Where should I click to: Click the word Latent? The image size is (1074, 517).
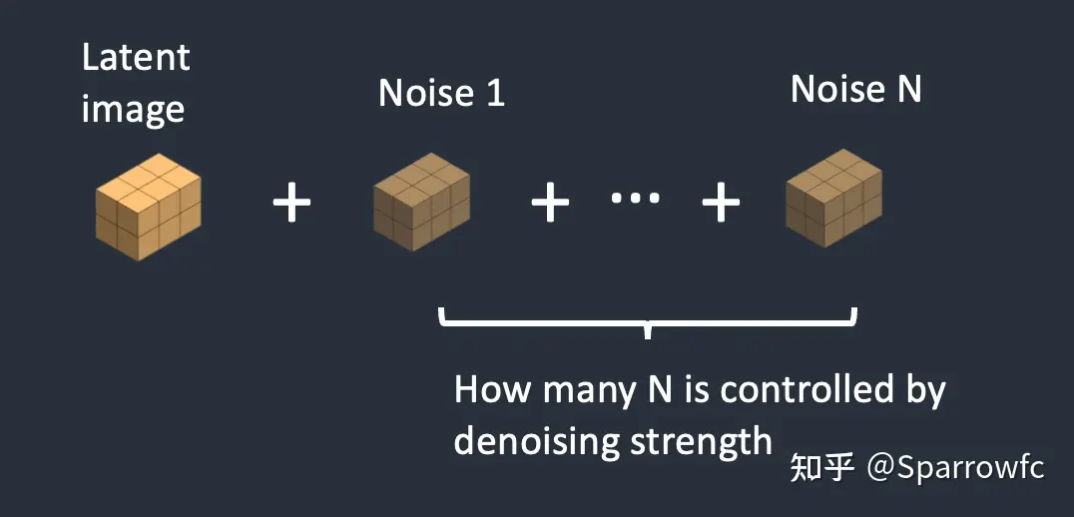(135, 58)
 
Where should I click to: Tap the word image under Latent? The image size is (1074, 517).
(132, 108)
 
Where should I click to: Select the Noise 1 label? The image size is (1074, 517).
(441, 94)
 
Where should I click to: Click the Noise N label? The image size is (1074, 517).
(855, 90)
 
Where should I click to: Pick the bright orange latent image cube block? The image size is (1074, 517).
(149, 208)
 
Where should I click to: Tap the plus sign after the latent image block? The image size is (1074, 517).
(291, 205)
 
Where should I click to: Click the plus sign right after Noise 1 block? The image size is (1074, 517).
(549, 205)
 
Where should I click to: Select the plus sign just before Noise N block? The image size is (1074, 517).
(721, 205)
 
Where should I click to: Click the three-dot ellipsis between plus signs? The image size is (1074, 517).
(635, 199)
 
